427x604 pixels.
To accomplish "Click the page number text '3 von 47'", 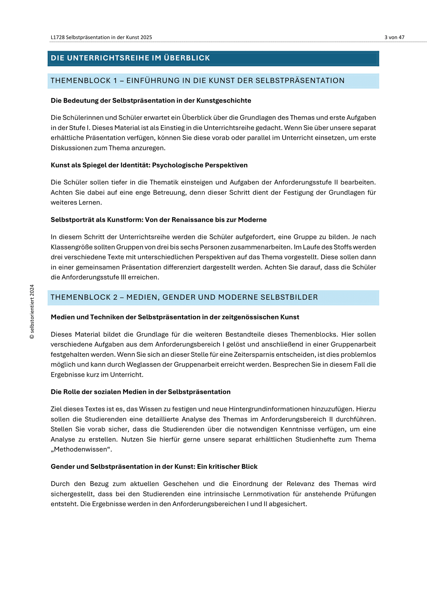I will tap(394, 37).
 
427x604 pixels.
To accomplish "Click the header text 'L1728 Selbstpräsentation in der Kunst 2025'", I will tap(101, 37).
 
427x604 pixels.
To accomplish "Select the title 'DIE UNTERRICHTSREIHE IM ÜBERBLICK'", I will tap(130, 58).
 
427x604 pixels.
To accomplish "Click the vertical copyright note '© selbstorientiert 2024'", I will tap(32, 312).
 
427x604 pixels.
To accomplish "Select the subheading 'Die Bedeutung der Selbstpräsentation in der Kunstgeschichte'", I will tap(151, 101).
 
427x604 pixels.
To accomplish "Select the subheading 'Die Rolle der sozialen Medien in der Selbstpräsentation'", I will tap(140, 392).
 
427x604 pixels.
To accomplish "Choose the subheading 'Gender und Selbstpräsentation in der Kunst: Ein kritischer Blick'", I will tap(154, 467).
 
